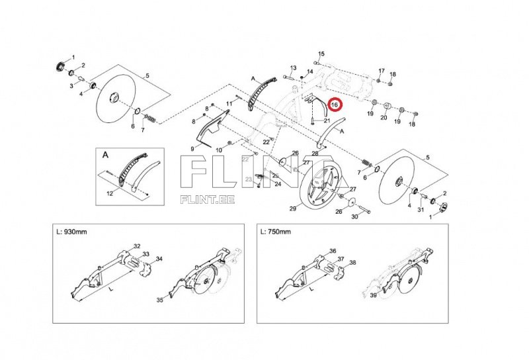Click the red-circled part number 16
pyautogui.click(x=335, y=105)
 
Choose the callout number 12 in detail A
pyautogui.click(x=110, y=195)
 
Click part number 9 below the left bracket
pyautogui.click(x=192, y=149)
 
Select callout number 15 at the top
pyautogui.click(x=322, y=54)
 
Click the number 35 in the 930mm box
pyautogui.click(x=159, y=300)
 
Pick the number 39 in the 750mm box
pyautogui.click(x=374, y=295)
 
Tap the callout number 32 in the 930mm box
pyautogui.click(x=137, y=246)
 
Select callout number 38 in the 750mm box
pyautogui.click(x=352, y=262)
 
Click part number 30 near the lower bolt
pyautogui.click(x=354, y=216)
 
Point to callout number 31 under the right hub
pyautogui.click(x=420, y=210)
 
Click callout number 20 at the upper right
pyautogui.click(x=384, y=118)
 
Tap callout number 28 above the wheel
pyautogui.click(x=315, y=154)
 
